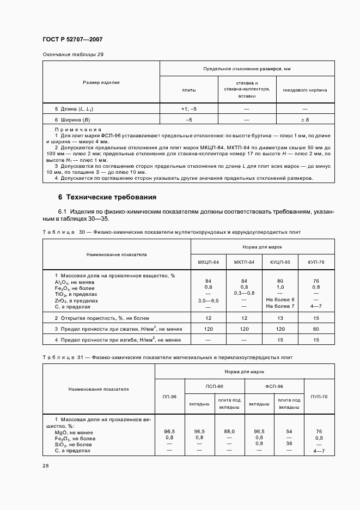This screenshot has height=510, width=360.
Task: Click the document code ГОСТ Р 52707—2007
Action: [x=72, y=40]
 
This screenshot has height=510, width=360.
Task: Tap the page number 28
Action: [x=45, y=466]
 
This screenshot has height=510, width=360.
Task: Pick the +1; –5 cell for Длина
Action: [x=188, y=109]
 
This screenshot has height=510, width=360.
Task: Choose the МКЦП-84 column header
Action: [x=209, y=262]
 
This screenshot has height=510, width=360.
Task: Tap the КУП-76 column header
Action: [x=316, y=262]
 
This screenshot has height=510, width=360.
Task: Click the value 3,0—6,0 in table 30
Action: [x=209, y=300]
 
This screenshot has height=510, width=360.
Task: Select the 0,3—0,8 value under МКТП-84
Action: [x=244, y=294]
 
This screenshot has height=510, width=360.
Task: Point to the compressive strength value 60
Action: [x=316, y=329]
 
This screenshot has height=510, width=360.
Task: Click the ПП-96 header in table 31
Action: [x=170, y=397]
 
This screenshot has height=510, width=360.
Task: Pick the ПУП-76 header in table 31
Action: [x=319, y=397]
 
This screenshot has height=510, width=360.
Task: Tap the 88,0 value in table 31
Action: [x=229, y=431]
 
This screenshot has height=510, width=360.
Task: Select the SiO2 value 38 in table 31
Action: [x=289, y=444]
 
